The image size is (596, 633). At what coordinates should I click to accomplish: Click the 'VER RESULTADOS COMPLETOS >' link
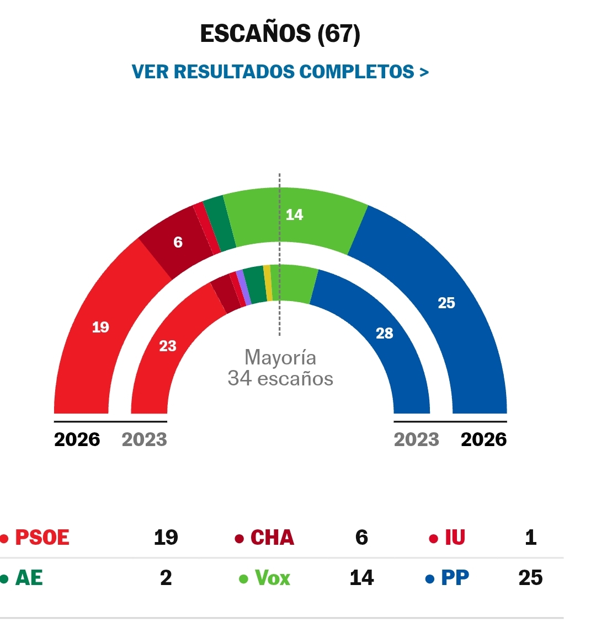click(x=280, y=72)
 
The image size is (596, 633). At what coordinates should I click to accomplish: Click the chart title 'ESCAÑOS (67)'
click(x=280, y=34)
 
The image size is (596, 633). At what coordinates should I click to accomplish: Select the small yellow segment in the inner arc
click(x=268, y=283)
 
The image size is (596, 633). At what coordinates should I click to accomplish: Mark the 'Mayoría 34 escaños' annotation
click(x=280, y=368)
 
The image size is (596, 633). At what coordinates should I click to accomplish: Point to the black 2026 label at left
click(x=77, y=439)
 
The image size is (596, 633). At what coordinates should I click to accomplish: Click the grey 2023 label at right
click(x=417, y=439)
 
